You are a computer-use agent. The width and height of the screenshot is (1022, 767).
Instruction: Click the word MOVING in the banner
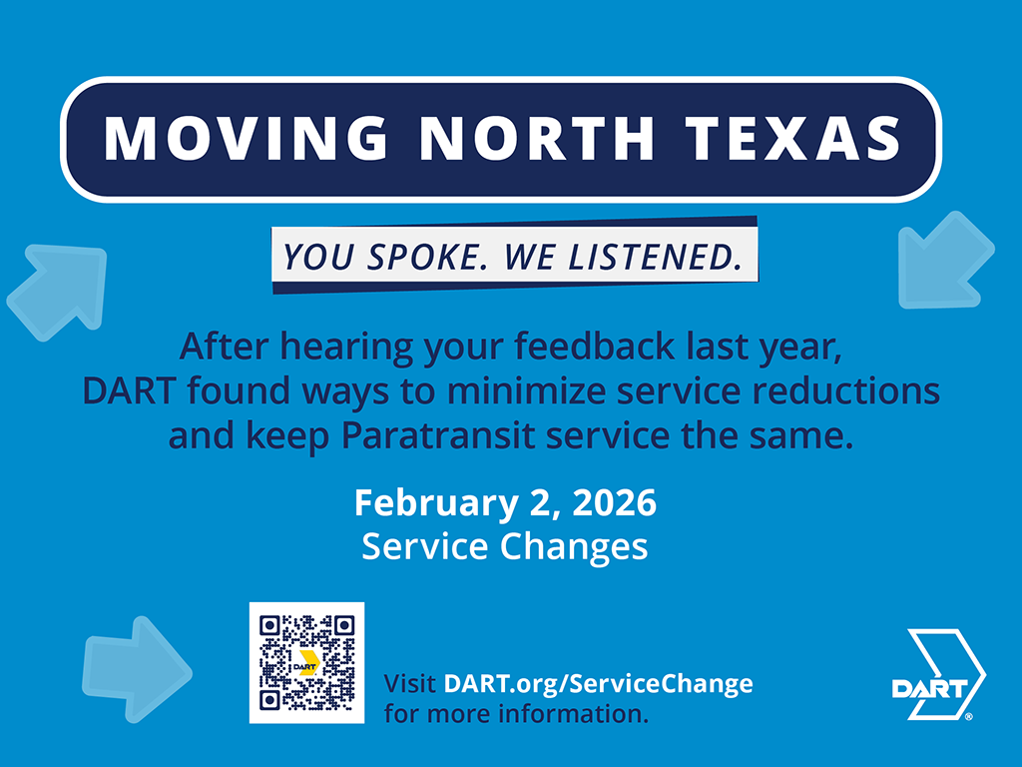click(x=246, y=138)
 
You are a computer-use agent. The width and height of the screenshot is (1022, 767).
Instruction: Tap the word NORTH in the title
click(x=537, y=138)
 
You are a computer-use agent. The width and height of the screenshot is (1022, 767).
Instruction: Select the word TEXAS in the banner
click(x=793, y=138)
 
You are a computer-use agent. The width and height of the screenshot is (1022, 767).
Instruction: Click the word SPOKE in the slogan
click(x=427, y=257)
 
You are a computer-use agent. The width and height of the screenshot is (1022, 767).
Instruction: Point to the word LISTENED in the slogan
click(x=655, y=257)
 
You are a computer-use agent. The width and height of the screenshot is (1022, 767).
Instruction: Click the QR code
click(x=307, y=663)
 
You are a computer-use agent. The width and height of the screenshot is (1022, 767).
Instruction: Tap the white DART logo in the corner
click(x=939, y=674)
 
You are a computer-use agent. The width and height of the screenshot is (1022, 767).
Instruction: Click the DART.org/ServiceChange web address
click(x=599, y=683)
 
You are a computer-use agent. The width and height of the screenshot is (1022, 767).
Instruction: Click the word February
click(x=435, y=504)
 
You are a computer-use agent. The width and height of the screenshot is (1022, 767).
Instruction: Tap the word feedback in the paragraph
click(x=595, y=346)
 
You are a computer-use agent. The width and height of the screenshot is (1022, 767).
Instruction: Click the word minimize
click(x=527, y=390)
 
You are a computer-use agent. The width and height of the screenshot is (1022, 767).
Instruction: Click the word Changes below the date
click(x=574, y=547)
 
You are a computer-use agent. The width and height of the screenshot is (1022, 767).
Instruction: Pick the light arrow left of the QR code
click(x=136, y=670)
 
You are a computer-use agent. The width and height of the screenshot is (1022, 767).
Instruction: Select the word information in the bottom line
click(x=574, y=713)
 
